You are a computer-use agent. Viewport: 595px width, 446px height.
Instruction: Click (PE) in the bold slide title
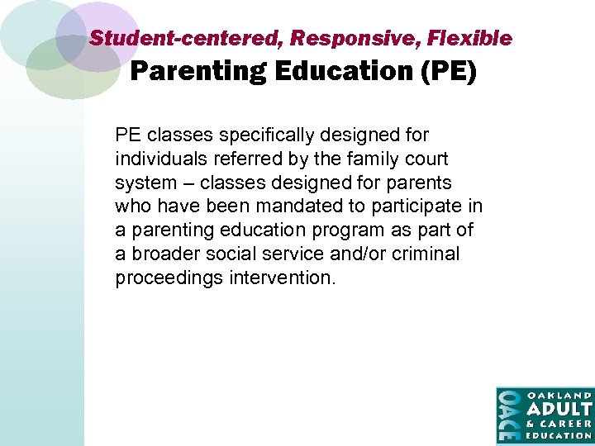[449, 73]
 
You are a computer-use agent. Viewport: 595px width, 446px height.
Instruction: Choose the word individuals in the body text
[159, 159]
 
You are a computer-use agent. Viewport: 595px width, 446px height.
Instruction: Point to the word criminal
[427, 254]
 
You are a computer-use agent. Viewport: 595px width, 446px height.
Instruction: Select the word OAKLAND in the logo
[559, 396]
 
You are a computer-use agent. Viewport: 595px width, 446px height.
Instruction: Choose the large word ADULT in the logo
[559, 410]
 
